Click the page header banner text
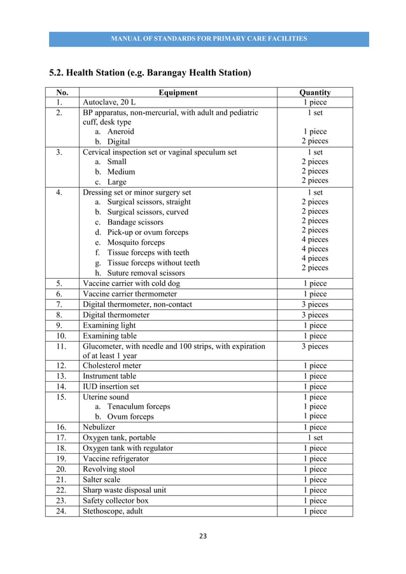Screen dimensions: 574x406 pos(209,39)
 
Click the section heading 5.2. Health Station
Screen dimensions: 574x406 pos(150,73)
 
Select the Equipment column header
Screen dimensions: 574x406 pos(178,92)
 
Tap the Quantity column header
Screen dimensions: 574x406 pos(315,92)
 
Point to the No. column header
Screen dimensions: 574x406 pos(62,92)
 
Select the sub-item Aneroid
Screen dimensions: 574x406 pos(120,132)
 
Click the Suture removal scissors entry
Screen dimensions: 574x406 pos(146,273)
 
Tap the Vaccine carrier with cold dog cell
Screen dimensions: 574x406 pos(130,284)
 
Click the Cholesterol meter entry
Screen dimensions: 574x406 pos(112,366)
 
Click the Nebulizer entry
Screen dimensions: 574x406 pos(101,428)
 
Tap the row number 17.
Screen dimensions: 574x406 pos(62,438)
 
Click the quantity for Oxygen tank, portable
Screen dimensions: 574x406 pos(315,438)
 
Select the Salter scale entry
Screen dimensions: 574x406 pos(102,479)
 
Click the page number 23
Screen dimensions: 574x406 pos(203,536)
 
